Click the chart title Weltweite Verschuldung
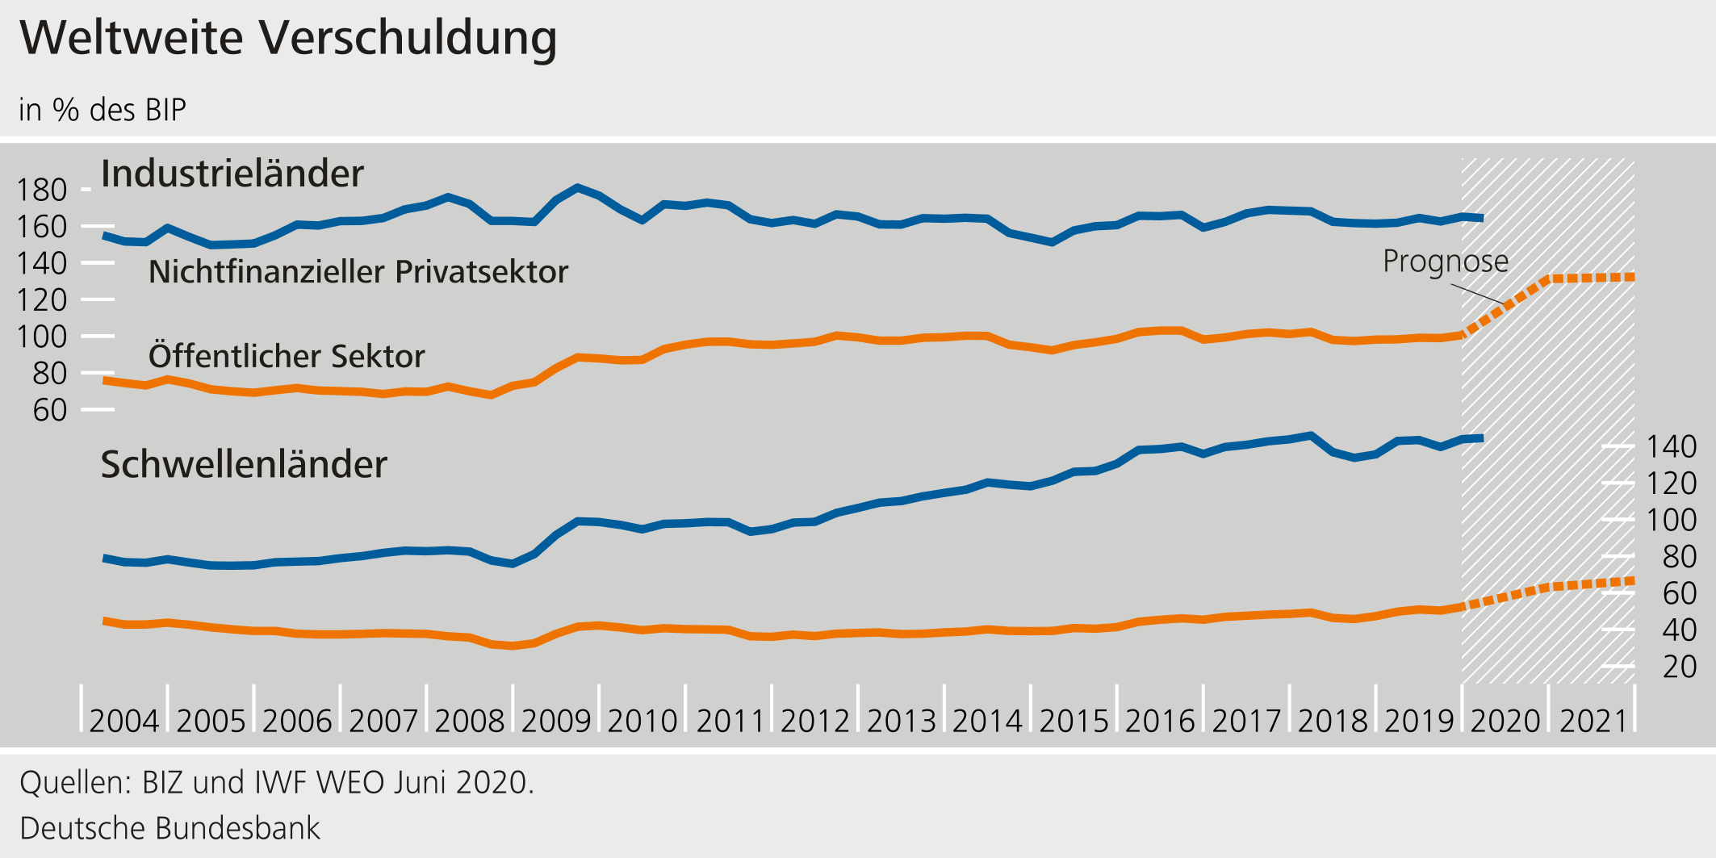(288, 38)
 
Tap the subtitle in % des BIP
(103, 110)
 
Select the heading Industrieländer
(232, 174)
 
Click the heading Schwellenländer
(243, 465)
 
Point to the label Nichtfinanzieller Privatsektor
(358, 272)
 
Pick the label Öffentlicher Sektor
(287, 356)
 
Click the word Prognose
(1445, 262)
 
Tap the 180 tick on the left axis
(41, 190)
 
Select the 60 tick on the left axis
(49, 411)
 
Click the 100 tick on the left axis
(41, 337)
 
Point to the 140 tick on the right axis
(1671, 447)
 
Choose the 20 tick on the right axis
(1679, 668)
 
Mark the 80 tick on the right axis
(1679, 557)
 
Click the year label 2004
(124, 721)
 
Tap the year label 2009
(556, 721)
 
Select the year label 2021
(1593, 721)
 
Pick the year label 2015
(1074, 721)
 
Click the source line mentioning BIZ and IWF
(277, 783)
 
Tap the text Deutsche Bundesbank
(170, 829)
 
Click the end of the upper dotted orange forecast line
(1632, 277)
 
